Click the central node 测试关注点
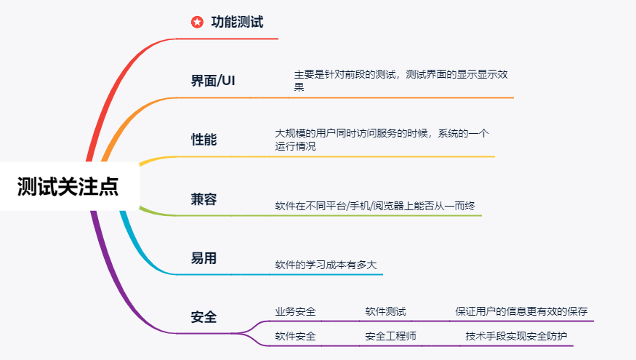pos(68,186)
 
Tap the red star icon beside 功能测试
pos(197,23)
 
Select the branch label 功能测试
pos(237,23)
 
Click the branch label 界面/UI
pos(213,81)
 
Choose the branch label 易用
pos(204,258)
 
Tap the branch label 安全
pos(204,317)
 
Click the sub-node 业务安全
pos(295,311)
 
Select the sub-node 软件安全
pos(295,336)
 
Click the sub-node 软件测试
pos(385,311)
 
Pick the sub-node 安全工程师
pos(390,336)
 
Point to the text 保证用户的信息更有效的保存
pos(521,311)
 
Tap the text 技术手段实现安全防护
pos(516,336)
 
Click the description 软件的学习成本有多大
pos(326,265)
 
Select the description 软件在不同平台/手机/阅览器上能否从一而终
pos(374,206)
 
